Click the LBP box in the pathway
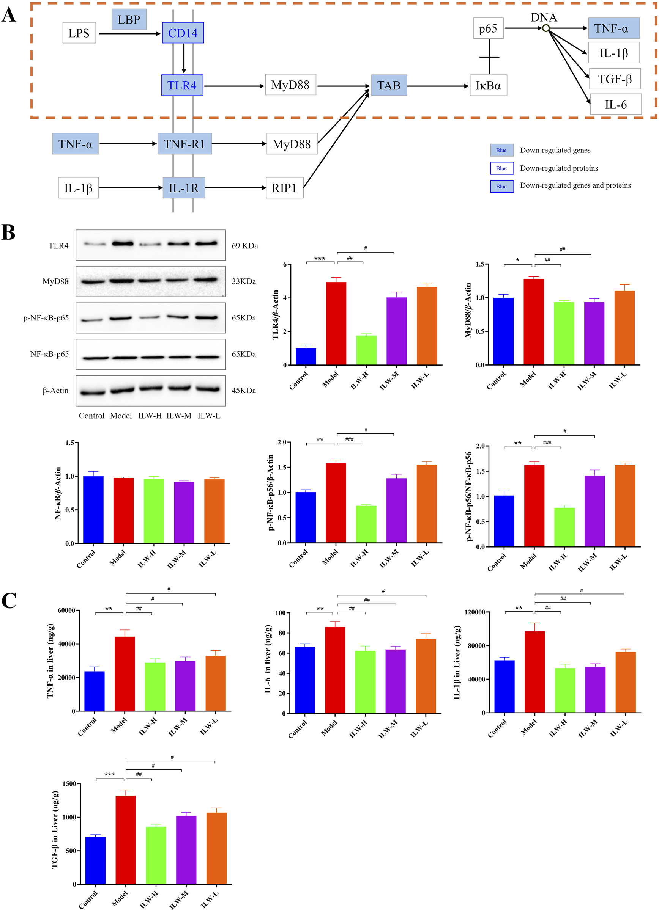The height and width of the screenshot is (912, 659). tap(129, 19)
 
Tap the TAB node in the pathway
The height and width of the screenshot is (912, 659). tap(388, 85)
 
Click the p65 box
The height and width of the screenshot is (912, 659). tap(488, 28)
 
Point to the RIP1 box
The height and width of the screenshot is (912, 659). tap(284, 188)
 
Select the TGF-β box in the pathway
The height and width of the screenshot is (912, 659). tap(614, 79)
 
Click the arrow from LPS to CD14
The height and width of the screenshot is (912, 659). tap(129, 34)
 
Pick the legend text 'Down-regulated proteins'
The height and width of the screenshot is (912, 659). tap(559, 168)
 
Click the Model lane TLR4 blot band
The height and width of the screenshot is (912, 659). tap(122, 243)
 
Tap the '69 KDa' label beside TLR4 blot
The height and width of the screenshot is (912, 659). tap(245, 246)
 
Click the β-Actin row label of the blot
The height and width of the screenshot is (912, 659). tap(55, 391)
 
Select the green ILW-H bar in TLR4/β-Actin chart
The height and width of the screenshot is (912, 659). tap(366, 350)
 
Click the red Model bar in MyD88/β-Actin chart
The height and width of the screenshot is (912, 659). tap(533, 322)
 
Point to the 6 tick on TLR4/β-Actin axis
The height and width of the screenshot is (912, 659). tap(285, 264)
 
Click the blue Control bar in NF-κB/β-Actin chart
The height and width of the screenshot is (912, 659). tap(93, 510)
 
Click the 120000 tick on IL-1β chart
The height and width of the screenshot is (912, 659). tap(475, 612)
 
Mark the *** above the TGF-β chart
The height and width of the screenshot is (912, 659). tap(109, 774)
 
